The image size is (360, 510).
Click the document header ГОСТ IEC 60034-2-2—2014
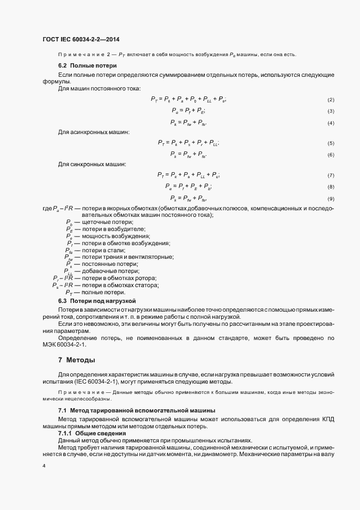pos(81,40)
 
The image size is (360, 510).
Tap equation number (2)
pos(330,100)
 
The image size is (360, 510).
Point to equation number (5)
pos(330,143)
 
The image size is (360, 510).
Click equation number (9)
pos(330,199)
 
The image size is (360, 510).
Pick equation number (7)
pos(330,175)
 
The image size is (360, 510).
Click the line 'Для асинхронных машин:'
pos(94,132)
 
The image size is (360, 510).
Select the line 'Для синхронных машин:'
pos(91,164)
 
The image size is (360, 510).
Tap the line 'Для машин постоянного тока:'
pos(99,88)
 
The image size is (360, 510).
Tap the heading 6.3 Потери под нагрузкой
pos(96,301)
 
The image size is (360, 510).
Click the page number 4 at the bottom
pos(44,466)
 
